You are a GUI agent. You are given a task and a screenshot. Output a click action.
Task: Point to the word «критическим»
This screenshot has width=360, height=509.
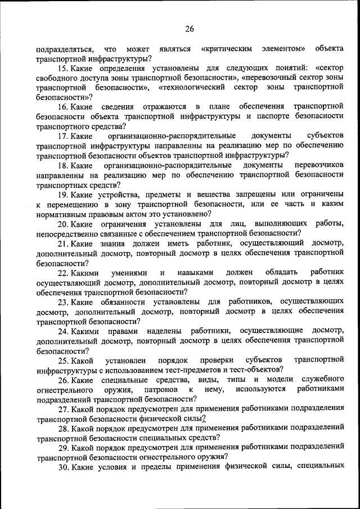(x=226, y=49)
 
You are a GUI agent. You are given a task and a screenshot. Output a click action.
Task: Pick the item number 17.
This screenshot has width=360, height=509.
(x=63, y=136)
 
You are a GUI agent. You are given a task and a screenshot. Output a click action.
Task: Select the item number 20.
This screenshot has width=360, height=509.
(x=63, y=224)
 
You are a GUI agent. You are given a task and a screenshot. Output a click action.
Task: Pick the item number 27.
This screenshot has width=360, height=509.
(x=63, y=409)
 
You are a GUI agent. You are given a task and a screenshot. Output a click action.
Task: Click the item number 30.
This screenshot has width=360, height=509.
(x=63, y=467)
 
